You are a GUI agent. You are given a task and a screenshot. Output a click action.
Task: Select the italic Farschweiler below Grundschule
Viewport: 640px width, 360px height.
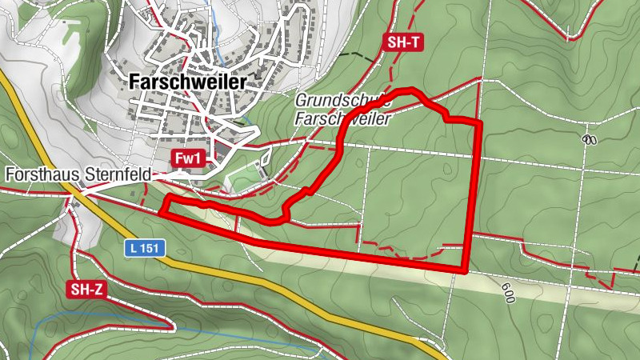pyautogui.click(x=342, y=118)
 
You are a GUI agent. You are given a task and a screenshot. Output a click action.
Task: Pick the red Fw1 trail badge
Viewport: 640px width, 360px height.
pyautogui.click(x=186, y=159)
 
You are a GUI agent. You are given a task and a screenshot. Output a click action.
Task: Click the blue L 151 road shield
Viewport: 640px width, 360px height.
pyautogui.click(x=145, y=249)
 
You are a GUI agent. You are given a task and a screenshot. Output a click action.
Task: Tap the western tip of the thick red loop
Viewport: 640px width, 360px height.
pyautogui.click(x=161, y=213)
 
